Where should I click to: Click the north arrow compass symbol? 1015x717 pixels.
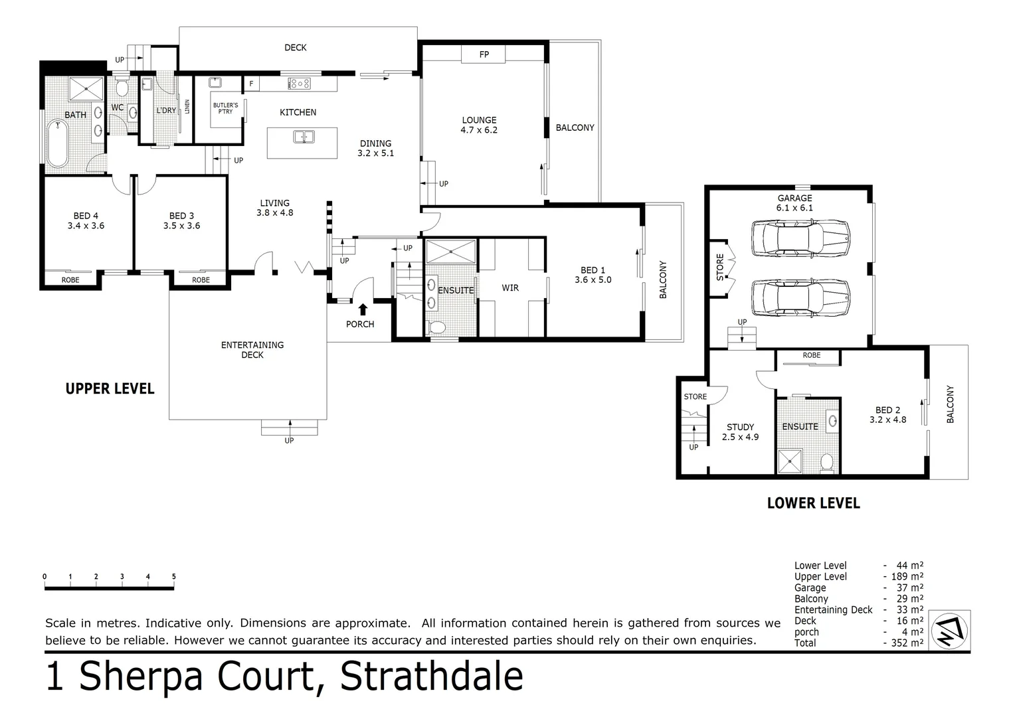tap(951, 629)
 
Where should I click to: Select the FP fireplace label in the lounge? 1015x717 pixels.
tap(484, 54)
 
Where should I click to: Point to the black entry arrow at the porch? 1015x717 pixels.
tap(363, 309)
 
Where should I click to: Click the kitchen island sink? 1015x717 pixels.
tap(304, 137)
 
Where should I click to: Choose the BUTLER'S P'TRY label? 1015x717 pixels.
tap(225, 108)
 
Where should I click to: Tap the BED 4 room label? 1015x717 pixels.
tap(86, 220)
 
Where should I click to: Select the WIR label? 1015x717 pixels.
tap(510, 287)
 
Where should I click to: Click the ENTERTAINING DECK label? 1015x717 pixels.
tap(252, 350)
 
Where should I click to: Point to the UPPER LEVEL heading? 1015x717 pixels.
tap(110, 389)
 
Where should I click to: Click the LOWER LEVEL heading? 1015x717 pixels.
tap(813, 503)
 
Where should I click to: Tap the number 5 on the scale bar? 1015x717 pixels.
tap(173, 577)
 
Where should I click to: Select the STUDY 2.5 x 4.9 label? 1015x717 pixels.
tap(740, 432)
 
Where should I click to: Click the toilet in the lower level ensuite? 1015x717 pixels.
tap(827, 463)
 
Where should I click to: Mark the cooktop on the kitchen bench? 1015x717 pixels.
tap(299, 84)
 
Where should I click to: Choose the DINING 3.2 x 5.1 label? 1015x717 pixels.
tap(375, 148)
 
